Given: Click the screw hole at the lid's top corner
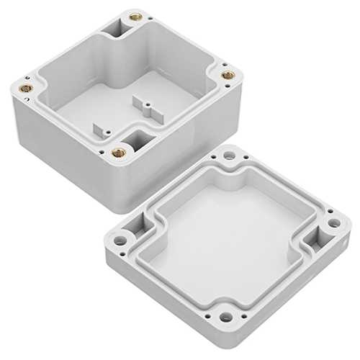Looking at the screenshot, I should pyautogui.click(x=232, y=156).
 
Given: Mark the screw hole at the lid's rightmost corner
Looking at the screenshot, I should pyautogui.click(x=330, y=220).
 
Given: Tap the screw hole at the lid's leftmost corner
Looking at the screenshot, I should pyautogui.click(x=120, y=235).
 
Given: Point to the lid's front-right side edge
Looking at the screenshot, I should pyautogui.click(x=288, y=288).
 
